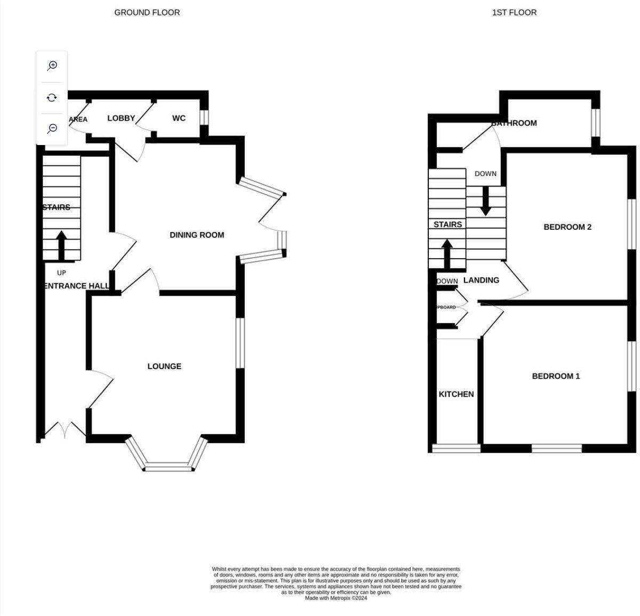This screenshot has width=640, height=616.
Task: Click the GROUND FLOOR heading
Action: [147, 12]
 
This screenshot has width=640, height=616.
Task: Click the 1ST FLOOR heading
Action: [514, 12]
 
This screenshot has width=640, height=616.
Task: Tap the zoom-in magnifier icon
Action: [52, 66]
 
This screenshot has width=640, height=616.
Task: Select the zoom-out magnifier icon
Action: [52, 129]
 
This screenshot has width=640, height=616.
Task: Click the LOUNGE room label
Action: [164, 366]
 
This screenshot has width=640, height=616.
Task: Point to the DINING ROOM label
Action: [197, 235]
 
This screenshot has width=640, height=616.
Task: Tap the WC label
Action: [179, 118]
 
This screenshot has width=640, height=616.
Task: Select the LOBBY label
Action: [121, 118]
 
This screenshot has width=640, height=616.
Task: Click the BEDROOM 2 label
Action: [567, 227]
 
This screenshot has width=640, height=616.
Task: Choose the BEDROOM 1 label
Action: [556, 377]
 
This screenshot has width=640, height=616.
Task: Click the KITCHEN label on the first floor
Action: [456, 394]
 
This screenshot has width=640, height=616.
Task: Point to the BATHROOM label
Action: [514, 123]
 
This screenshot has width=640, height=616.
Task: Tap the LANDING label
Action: [481, 281]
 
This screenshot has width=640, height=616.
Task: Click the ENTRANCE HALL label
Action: [76, 286]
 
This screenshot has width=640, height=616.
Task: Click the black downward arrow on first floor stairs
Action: [485, 201]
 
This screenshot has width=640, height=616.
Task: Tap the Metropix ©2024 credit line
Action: [335, 598]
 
